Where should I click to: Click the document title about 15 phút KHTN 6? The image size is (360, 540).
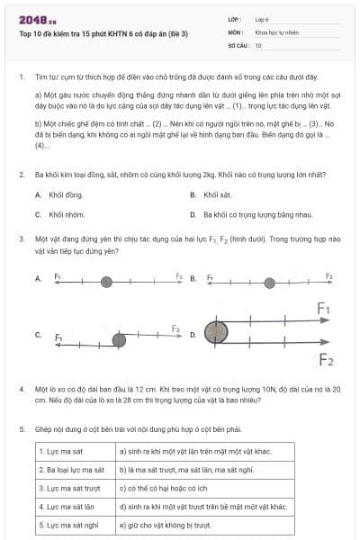pos(104,33)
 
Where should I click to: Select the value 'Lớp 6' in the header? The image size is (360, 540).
pos(263,18)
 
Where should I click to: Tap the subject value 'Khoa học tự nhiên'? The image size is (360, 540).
pos(275,31)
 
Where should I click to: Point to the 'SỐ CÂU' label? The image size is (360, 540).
pos(238,44)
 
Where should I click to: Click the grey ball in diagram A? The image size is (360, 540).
pos(106,282)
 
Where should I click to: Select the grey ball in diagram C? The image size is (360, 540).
pos(119,338)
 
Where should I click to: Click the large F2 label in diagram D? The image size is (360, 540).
pos(325,360)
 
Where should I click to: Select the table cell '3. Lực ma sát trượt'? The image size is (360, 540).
pos(72,488)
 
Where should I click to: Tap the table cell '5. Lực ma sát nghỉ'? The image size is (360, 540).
pos(71,525)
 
